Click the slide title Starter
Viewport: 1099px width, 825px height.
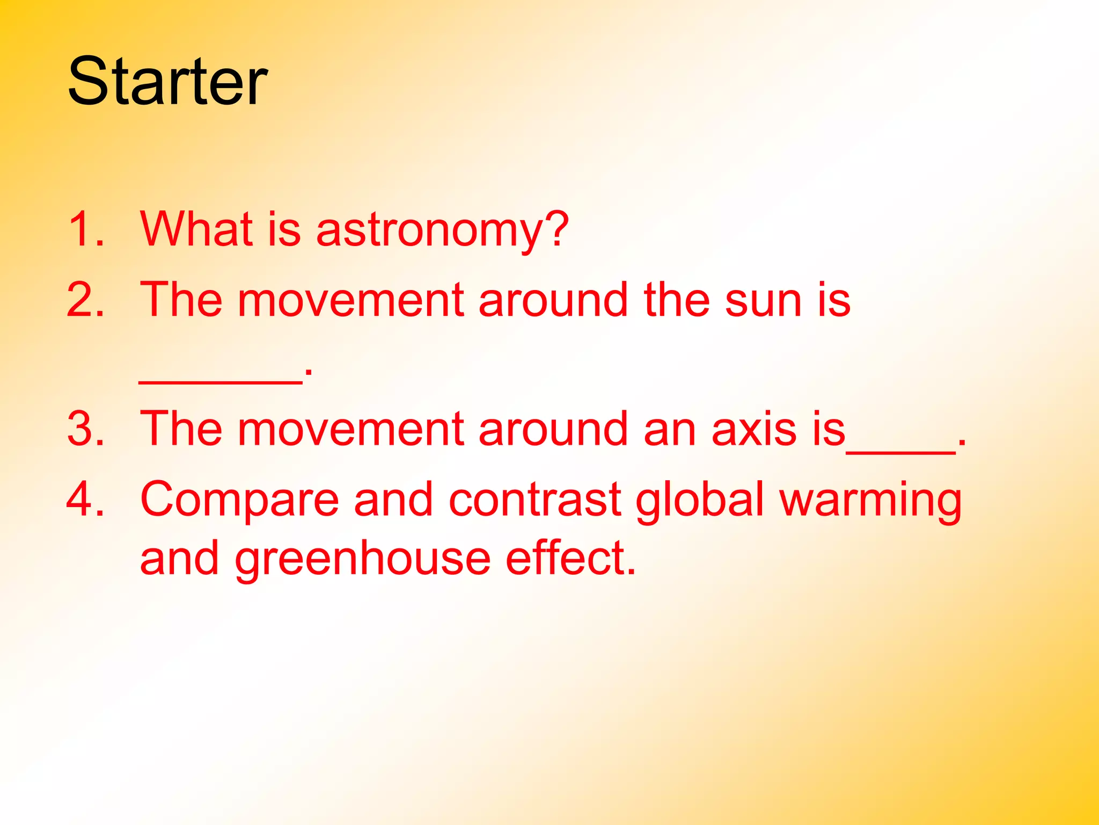point(167,82)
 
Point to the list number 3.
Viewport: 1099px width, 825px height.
point(86,429)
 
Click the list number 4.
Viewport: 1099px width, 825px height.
point(86,499)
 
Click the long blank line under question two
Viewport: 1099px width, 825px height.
point(220,381)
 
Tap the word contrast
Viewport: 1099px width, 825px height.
point(534,500)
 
